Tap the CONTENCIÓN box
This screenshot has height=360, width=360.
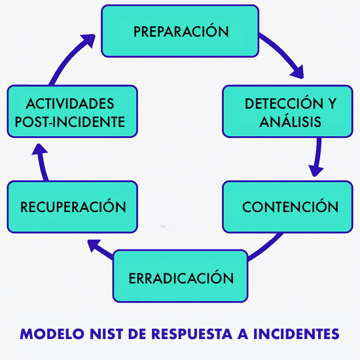[x=290, y=207]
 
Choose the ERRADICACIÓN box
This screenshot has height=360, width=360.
[x=181, y=278]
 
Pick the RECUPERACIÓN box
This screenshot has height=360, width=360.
[x=73, y=207]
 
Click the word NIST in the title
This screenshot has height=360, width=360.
[x=109, y=334]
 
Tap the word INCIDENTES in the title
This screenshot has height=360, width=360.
[x=298, y=334]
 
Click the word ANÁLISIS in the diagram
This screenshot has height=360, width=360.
[x=290, y=122]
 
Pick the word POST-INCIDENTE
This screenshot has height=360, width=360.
[x=70, y=121]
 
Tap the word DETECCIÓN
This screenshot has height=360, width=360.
[x=276, y=103]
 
